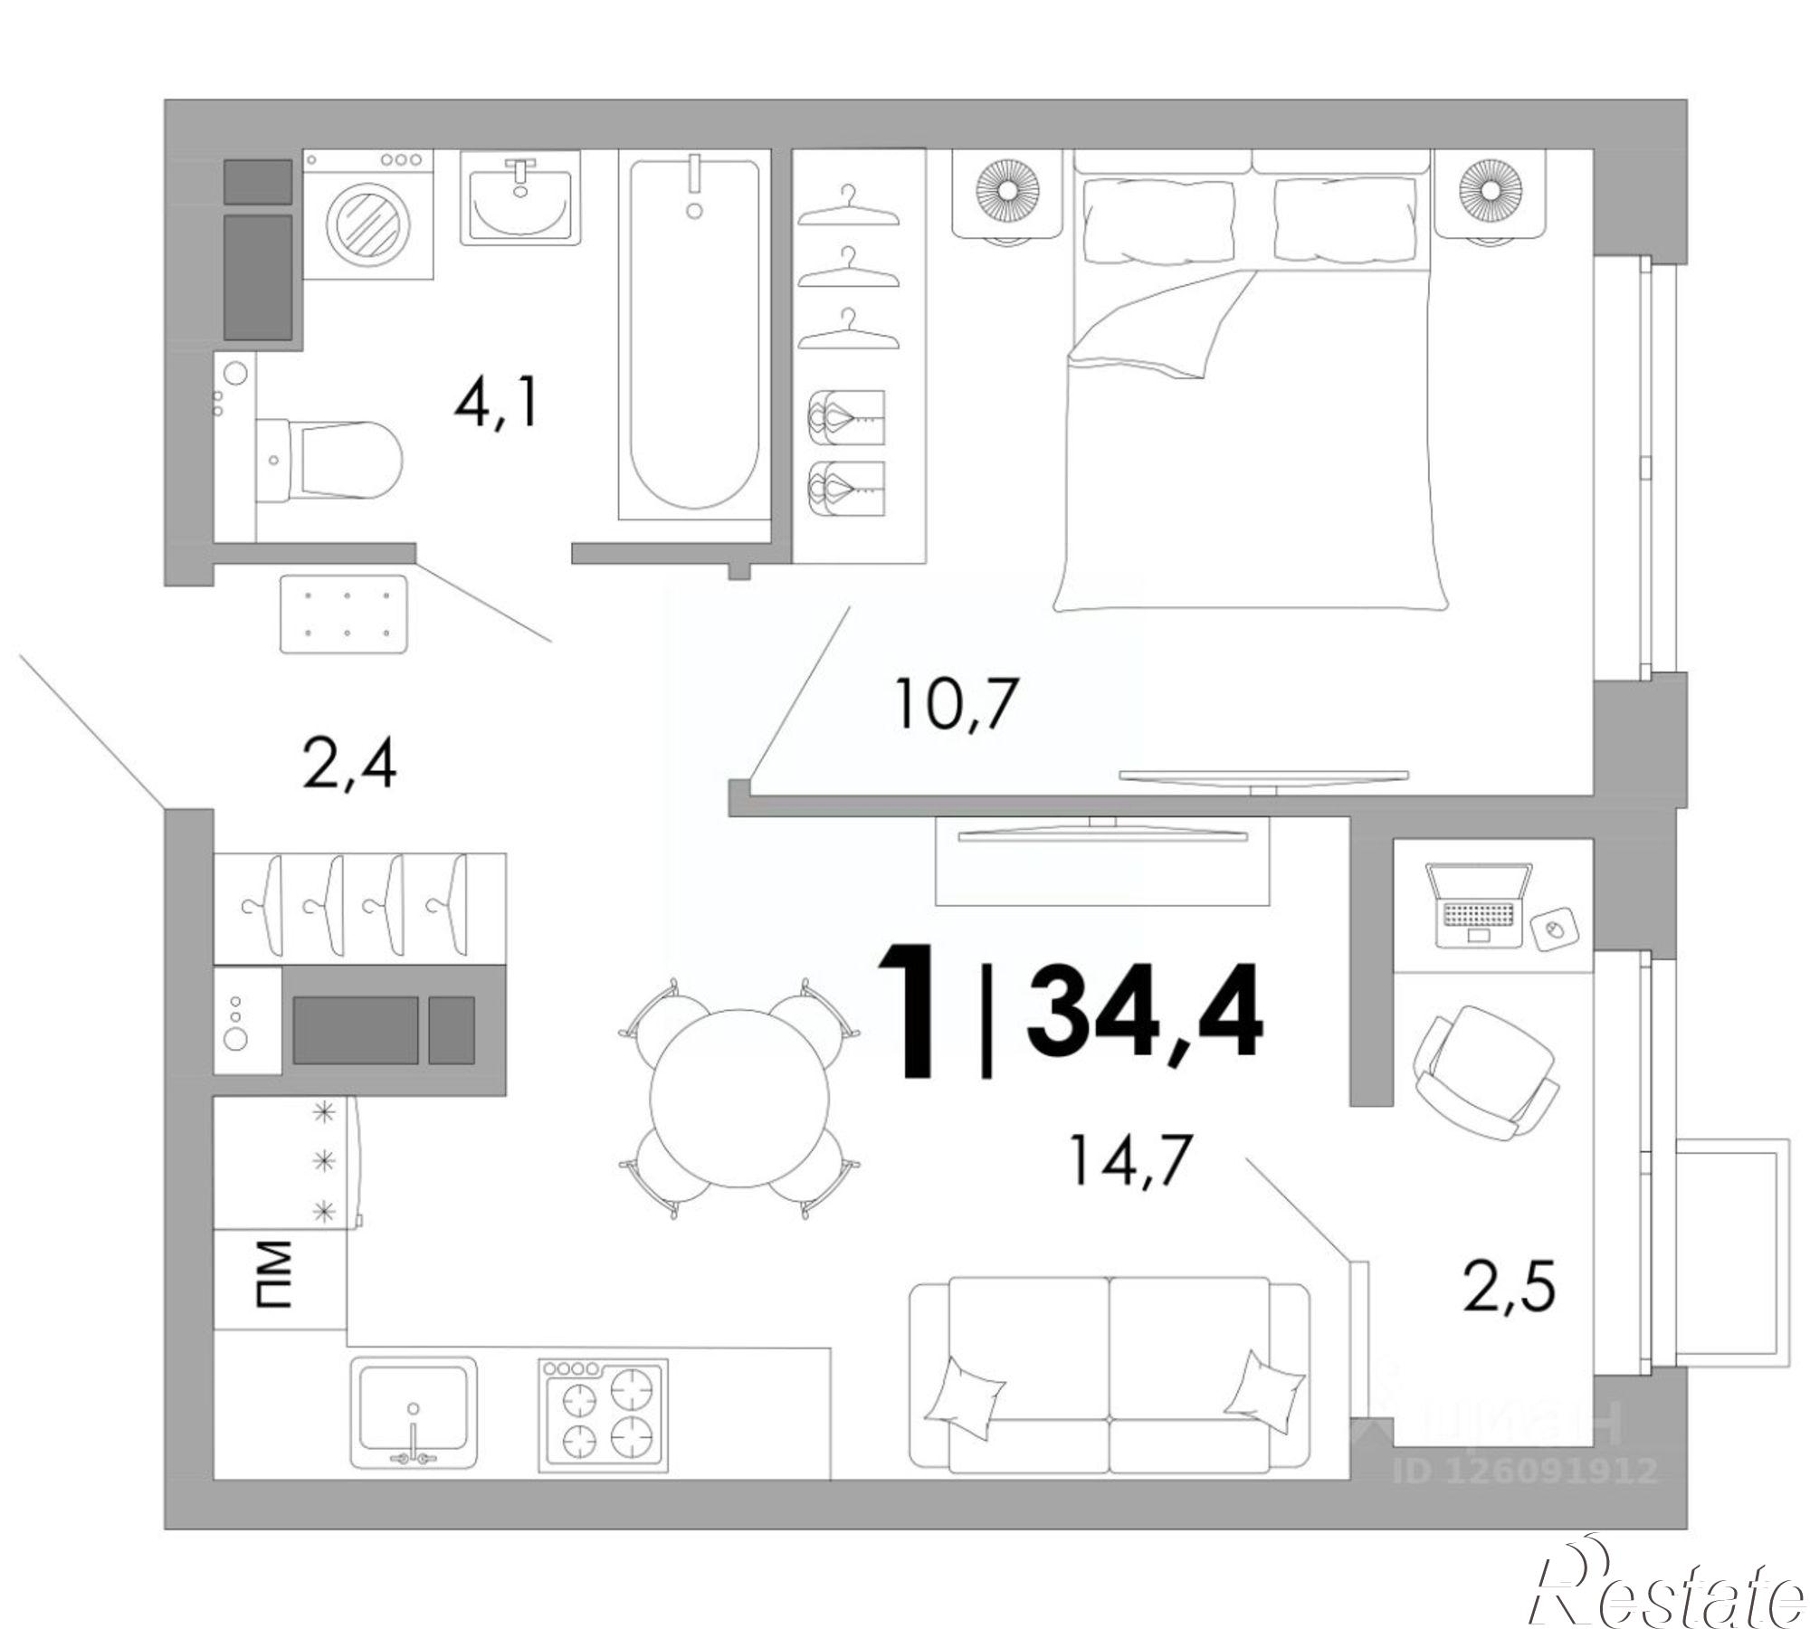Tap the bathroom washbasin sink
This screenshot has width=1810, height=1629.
(x=519, y=197)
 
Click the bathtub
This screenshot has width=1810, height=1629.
(x=694, y=335)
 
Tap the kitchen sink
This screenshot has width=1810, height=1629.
(x=414, y=1414)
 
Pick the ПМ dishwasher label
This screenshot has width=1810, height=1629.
(x=274, y=1276)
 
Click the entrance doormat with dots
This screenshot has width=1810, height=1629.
(x=344, y=613)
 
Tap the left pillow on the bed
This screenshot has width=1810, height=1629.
(x=1158, y=220)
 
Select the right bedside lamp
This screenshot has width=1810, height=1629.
(x=1487, y=193)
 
